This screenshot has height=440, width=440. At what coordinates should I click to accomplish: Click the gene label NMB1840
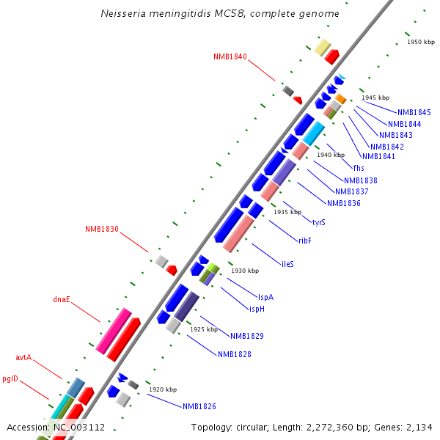[230, 56]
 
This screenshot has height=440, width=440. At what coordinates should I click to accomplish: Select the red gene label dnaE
[62, 299]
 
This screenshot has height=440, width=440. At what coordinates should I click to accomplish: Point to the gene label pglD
[10, 379]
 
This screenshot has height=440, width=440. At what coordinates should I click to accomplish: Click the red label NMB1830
[101, 229]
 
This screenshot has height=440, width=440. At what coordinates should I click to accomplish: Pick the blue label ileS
[287, 263]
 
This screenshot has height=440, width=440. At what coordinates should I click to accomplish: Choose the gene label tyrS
[318, 222]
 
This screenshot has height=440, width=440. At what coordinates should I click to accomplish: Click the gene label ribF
[305, 240]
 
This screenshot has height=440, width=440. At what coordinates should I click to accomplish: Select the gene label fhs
[359, 168]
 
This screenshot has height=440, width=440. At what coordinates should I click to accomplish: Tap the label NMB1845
[414, 112]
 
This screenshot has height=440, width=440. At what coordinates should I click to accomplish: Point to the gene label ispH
[257, 309]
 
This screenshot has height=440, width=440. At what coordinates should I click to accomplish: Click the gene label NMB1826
[199, 406]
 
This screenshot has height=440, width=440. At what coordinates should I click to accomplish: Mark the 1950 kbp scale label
[421, 42]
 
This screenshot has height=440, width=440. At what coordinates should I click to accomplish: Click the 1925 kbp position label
[204, 329]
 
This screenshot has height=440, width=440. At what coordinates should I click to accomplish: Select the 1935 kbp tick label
[287, 212]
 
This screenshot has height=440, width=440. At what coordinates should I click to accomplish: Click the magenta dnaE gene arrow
[114, 330]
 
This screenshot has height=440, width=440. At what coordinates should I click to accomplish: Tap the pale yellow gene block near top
[322, 48]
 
